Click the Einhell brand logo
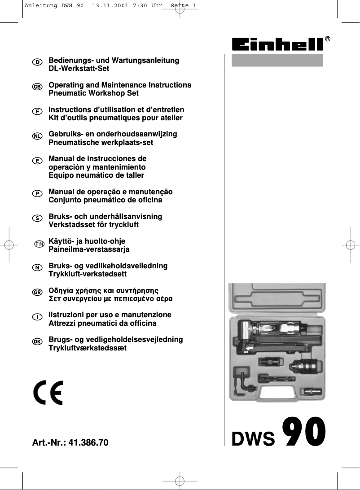point(277,44)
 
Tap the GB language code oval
point(38,86)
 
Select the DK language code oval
point(38,341)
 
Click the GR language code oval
point(38,292)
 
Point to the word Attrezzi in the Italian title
point(63,323)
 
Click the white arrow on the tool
point(248,347)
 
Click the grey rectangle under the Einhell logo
point(277,60)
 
